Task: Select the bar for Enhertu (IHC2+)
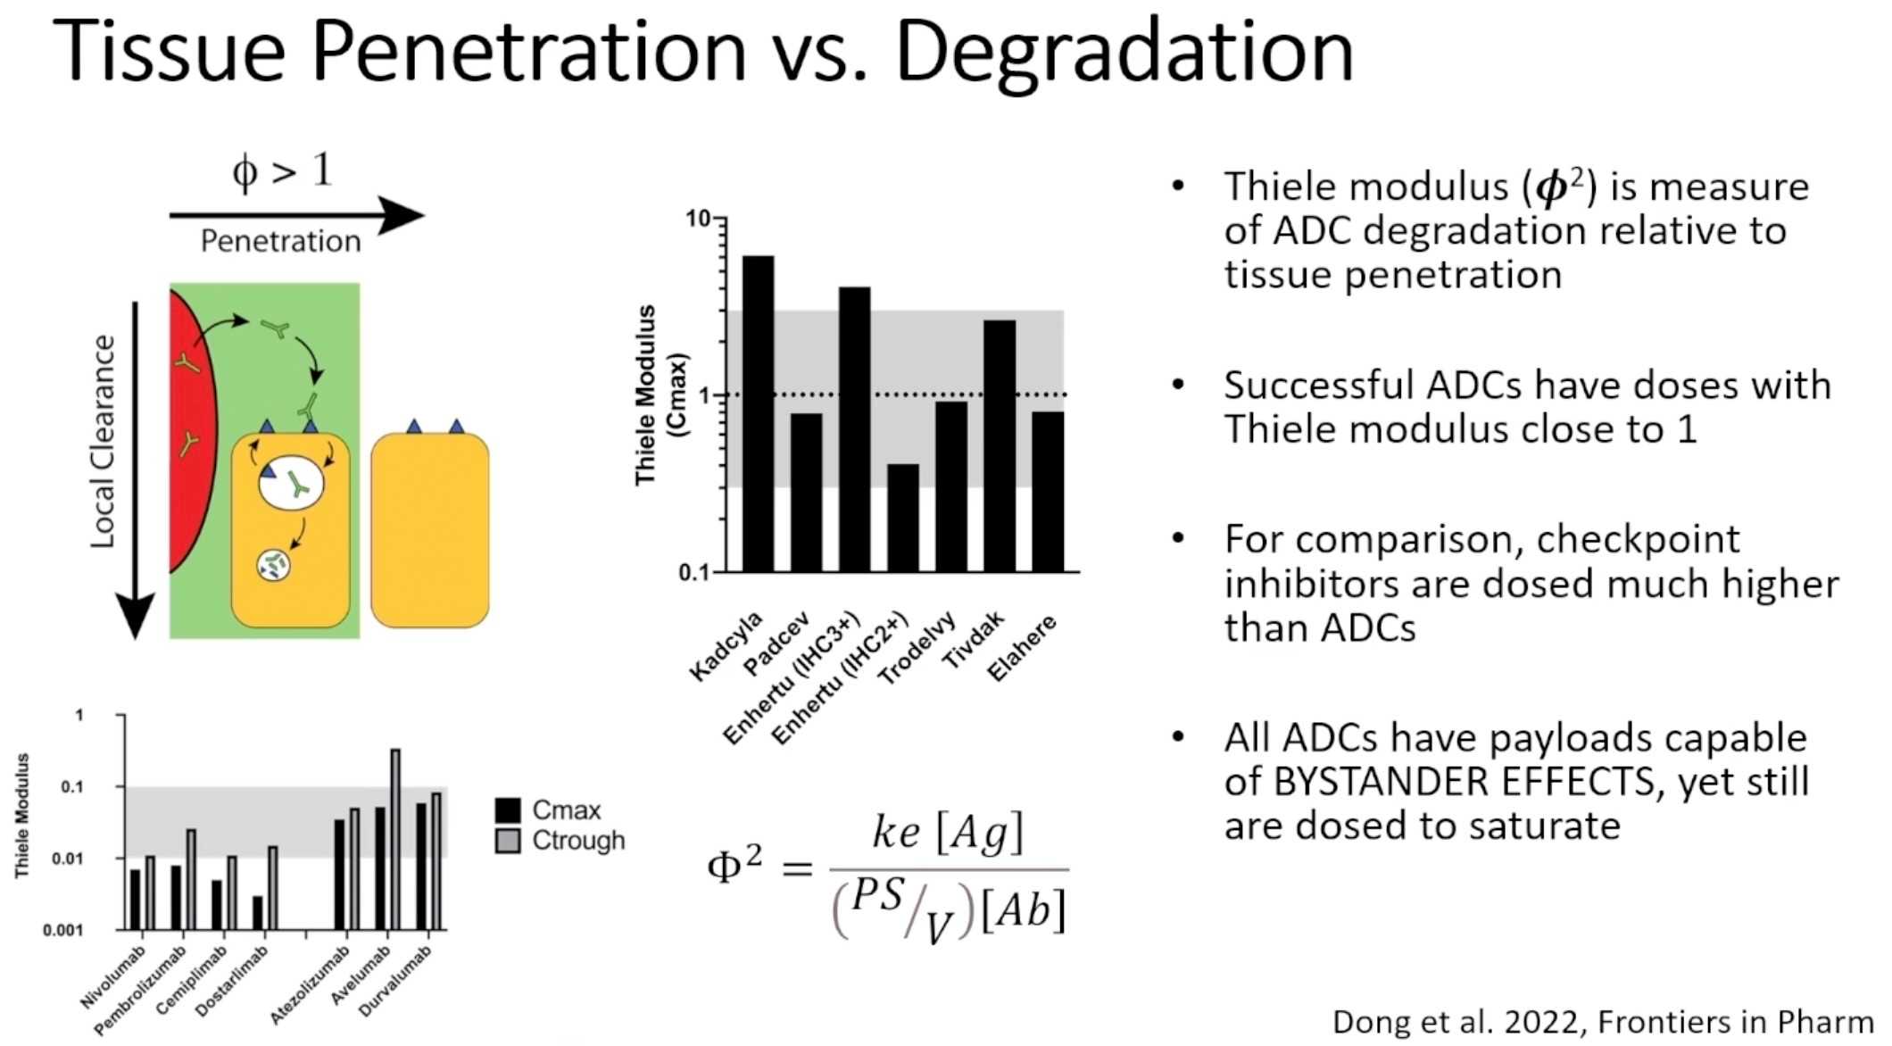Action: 902,518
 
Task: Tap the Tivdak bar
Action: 999,445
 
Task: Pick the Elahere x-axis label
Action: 1023,648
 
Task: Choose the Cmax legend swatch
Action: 508,810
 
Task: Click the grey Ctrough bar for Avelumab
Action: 395,839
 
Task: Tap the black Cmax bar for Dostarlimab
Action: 258,912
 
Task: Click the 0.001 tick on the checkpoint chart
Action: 62,930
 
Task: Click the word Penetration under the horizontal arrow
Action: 280,241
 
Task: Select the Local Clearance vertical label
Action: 104,442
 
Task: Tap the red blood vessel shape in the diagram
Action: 190,428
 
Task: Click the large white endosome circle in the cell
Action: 291,483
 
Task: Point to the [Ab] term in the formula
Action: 1023,911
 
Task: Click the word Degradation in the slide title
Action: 1124,52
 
